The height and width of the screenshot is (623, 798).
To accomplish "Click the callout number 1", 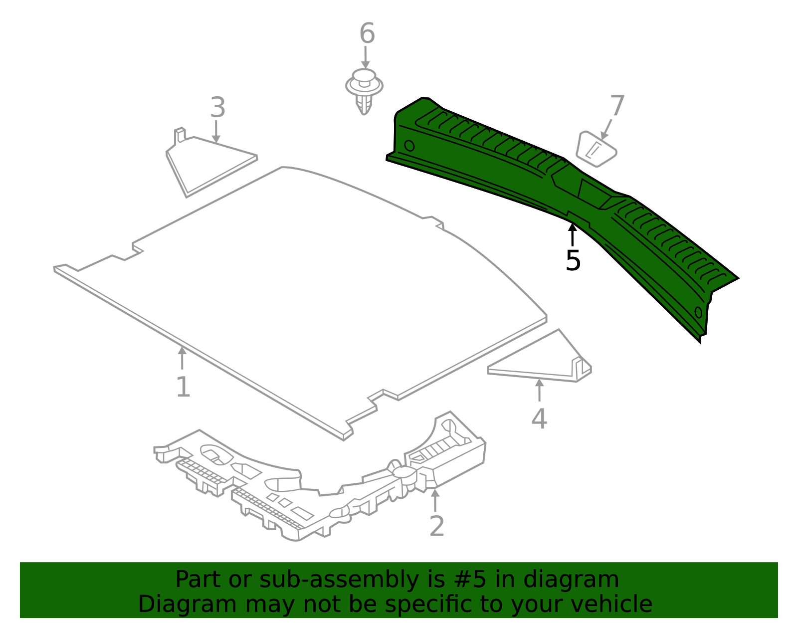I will [183, 387].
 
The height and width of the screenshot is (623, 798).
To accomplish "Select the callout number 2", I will [436, 527].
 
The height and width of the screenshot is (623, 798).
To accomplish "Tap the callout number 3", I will [217, 107].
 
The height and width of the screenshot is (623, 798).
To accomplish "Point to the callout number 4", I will [539, 418].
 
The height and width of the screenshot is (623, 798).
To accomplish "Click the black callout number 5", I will [573, 260].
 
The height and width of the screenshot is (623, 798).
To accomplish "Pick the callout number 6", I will [367, 34].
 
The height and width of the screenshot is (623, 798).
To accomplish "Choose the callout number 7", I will [617, 106].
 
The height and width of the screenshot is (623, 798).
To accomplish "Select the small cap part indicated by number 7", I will [596, 149].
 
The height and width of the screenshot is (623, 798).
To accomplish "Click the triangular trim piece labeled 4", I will [544, 362].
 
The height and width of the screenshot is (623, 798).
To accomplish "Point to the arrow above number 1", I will [183, 358].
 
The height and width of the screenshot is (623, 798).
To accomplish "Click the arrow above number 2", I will [435, 500].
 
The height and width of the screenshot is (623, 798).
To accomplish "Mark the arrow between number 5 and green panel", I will [573, 234].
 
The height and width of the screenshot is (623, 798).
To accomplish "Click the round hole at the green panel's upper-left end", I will [409, 146].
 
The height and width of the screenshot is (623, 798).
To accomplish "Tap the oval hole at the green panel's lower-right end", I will [698, 313].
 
